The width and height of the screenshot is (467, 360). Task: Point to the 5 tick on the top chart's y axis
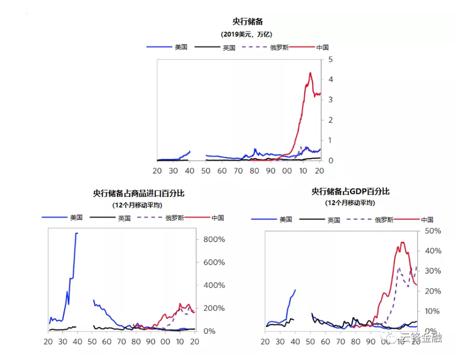click(x=330, y=59)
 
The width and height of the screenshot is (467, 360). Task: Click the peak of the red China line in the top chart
click(x=310, y=73)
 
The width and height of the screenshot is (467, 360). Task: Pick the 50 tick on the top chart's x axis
click(x=205, y=171)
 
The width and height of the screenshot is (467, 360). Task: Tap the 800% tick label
click(x=214, y=240)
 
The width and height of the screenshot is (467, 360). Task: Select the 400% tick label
click(x=214, y=285)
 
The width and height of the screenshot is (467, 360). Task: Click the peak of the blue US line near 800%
click(x=76, y=234)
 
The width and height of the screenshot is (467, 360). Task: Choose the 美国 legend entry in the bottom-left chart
click(x=76, y=218)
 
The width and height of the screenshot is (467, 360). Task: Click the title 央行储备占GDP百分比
click(x=350, y=191)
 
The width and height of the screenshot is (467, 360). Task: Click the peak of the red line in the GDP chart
click(x=402, y=242)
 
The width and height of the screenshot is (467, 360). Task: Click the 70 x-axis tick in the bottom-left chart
click(x=121, y=341)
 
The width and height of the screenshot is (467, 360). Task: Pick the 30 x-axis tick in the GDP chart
click(x=280, y=342)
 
